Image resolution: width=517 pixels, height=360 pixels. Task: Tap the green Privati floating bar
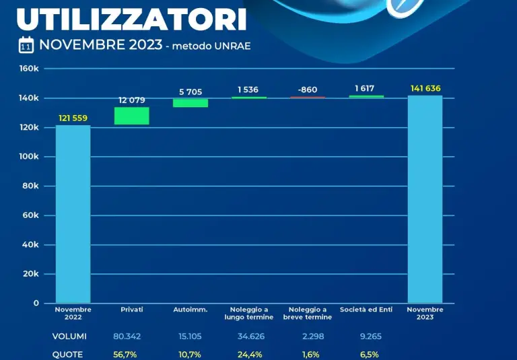point(131,116)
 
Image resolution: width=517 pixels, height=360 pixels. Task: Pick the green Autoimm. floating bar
point(191,103)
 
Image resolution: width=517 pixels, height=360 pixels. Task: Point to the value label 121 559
point(73,118)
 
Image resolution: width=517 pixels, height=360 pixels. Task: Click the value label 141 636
point(425,88)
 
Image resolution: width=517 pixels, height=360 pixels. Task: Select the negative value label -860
point(308,89)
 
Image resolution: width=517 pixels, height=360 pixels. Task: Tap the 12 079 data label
point(132,100)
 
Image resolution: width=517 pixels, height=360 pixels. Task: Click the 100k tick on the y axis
point(28,157)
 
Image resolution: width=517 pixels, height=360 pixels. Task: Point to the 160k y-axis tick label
point(28,69)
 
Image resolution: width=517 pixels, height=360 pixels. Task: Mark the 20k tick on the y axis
point(30,274)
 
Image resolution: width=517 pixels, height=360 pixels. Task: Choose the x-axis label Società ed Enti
point(366,310)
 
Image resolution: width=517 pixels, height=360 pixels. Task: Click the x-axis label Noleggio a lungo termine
point(249,313)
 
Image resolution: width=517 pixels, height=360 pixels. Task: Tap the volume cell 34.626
point(249,336)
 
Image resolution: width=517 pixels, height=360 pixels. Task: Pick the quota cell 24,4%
point(249,355)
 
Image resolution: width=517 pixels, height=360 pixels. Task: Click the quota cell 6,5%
point(366,355)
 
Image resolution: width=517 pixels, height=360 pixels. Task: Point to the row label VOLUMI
point(69,336)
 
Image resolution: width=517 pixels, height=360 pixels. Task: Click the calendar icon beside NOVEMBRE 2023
point(26,45)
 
